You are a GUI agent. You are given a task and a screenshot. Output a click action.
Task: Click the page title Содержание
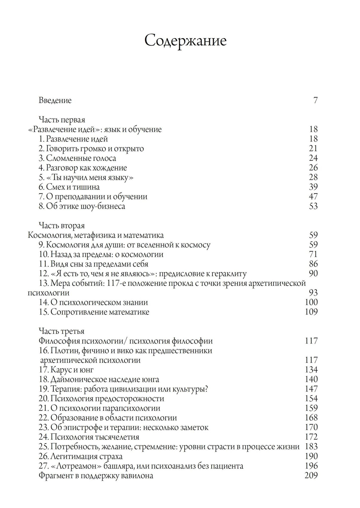(185, 40)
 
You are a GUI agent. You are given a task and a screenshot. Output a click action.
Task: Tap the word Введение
(55, 100)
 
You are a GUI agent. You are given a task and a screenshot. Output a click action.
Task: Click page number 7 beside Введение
(315, 100)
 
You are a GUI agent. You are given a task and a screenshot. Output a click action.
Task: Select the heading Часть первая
(62, 120)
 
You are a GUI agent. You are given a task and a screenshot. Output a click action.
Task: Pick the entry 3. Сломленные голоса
(77, 158)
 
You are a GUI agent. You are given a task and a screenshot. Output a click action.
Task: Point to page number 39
(313, 187)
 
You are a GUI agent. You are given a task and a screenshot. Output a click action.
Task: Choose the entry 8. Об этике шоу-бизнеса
(82, 207)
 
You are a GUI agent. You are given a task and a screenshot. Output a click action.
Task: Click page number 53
(313, 207)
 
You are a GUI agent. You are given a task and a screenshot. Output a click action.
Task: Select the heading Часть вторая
(62, 226)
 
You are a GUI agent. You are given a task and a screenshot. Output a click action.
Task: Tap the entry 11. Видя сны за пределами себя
(89, 264)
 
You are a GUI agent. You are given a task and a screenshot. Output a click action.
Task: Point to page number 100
(311, 303)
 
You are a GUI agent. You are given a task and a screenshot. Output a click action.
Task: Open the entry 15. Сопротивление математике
(94, 312)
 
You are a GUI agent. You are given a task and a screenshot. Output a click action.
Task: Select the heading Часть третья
(62, 331)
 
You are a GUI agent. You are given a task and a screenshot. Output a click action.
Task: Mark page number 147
(311, 389)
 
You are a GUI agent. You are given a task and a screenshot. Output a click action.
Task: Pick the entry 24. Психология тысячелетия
(89, 437)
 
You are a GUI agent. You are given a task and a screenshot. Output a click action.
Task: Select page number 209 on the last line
(311, 476)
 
